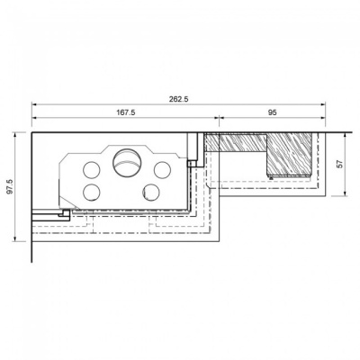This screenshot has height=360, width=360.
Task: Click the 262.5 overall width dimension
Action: (x=179, y=100)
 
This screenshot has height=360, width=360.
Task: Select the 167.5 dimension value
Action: (x=126, y=113)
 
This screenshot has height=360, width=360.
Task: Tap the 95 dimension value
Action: (x=271, y=113)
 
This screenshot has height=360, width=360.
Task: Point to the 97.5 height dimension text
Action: (x=10, y=186)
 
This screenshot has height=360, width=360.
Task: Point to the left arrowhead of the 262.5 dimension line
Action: (x=34, y=105)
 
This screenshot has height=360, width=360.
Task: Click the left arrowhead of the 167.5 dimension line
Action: (x=34, y=119)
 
